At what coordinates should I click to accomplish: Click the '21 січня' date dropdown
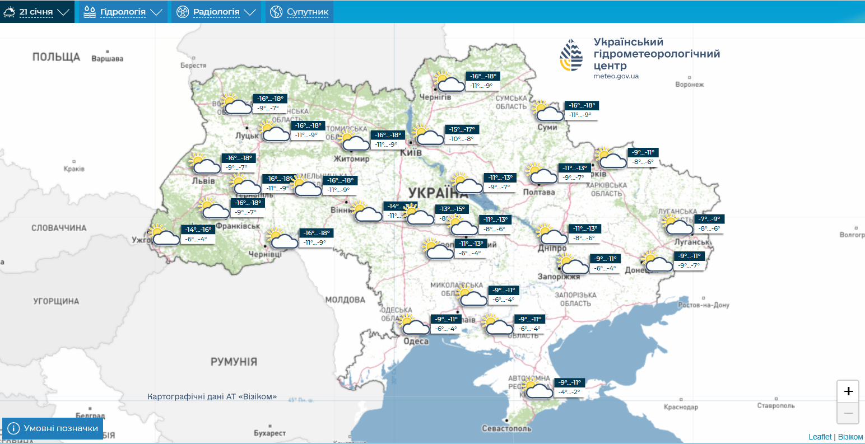click(37, 12)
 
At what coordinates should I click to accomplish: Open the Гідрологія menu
click(123, 12)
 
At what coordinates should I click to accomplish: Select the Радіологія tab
click(216, 12)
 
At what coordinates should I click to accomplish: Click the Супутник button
click(300, 12)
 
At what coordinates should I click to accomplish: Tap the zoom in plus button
click(848, 391)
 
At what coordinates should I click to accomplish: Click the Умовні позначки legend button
click(53, 428)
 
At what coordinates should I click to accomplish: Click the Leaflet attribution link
click(820, 437)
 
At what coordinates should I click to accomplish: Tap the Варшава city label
click(107, 59)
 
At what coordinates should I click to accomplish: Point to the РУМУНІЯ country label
click(234, 362)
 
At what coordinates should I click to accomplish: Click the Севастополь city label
click(506, 428)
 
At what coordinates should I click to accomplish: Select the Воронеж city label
click(689, 85)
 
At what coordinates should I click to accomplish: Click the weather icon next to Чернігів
click(449, 82)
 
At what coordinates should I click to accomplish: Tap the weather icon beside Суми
click(548, 111)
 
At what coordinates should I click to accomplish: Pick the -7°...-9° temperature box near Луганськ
click(709, 219)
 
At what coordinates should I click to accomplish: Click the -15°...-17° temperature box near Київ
click(462, 129)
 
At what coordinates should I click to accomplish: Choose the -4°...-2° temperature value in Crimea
click(569, 392)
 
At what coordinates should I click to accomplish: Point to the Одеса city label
click(416, 342)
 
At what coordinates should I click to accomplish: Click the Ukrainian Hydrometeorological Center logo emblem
click(571, 56)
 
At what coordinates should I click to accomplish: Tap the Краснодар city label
click(681, 407)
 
